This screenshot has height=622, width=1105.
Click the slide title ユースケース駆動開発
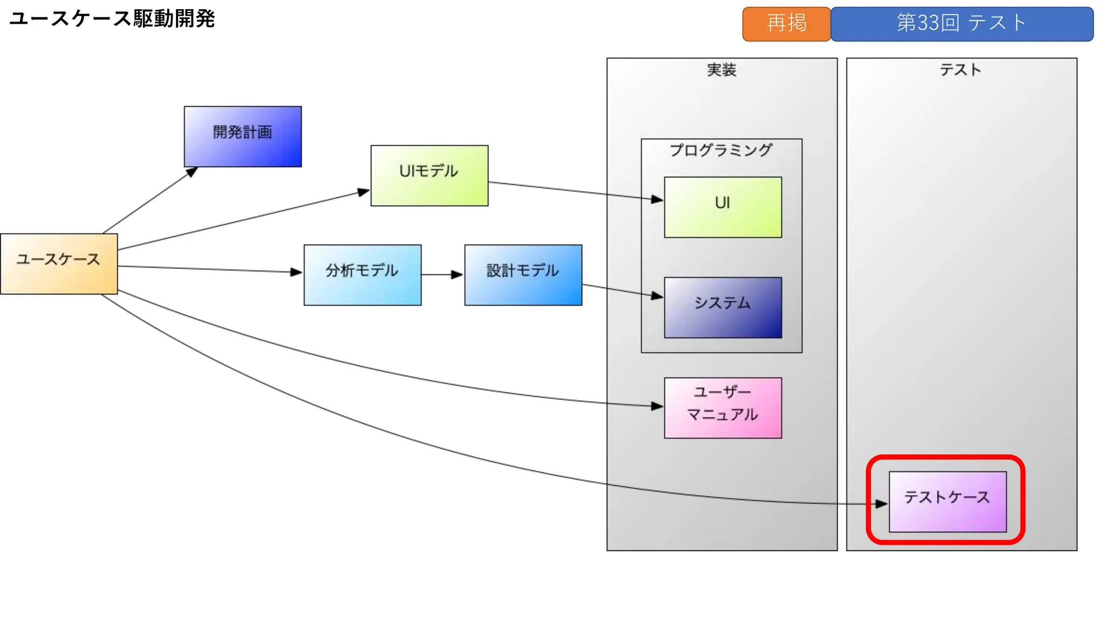[112, 19]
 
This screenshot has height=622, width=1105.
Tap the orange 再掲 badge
[786, 24]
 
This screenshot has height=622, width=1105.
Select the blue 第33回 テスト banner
[961, 24]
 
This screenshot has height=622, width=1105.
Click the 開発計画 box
[243, 137]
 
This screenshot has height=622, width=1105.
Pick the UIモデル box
[429, 175]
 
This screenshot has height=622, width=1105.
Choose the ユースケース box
[59, 264]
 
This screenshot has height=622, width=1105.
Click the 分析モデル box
[363, 275]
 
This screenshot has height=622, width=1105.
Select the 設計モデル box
[523, 275]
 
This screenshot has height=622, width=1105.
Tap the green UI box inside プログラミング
[723, 207]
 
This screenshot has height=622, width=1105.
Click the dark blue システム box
[723, 308]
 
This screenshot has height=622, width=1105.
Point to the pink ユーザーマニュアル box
[723, 408]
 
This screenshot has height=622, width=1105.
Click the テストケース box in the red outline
[947, 502]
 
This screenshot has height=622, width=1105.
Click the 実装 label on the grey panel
[721, 70]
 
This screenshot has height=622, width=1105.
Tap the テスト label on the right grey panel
[960, 70]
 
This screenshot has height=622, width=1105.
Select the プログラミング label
[721, 150]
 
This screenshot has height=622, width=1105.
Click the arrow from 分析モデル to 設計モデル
[441, 275]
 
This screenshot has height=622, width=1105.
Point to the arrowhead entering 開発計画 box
[192, 172]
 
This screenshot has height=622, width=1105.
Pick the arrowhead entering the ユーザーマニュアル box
[657, 406]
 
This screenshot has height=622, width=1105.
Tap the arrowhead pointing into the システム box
[657, 296]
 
